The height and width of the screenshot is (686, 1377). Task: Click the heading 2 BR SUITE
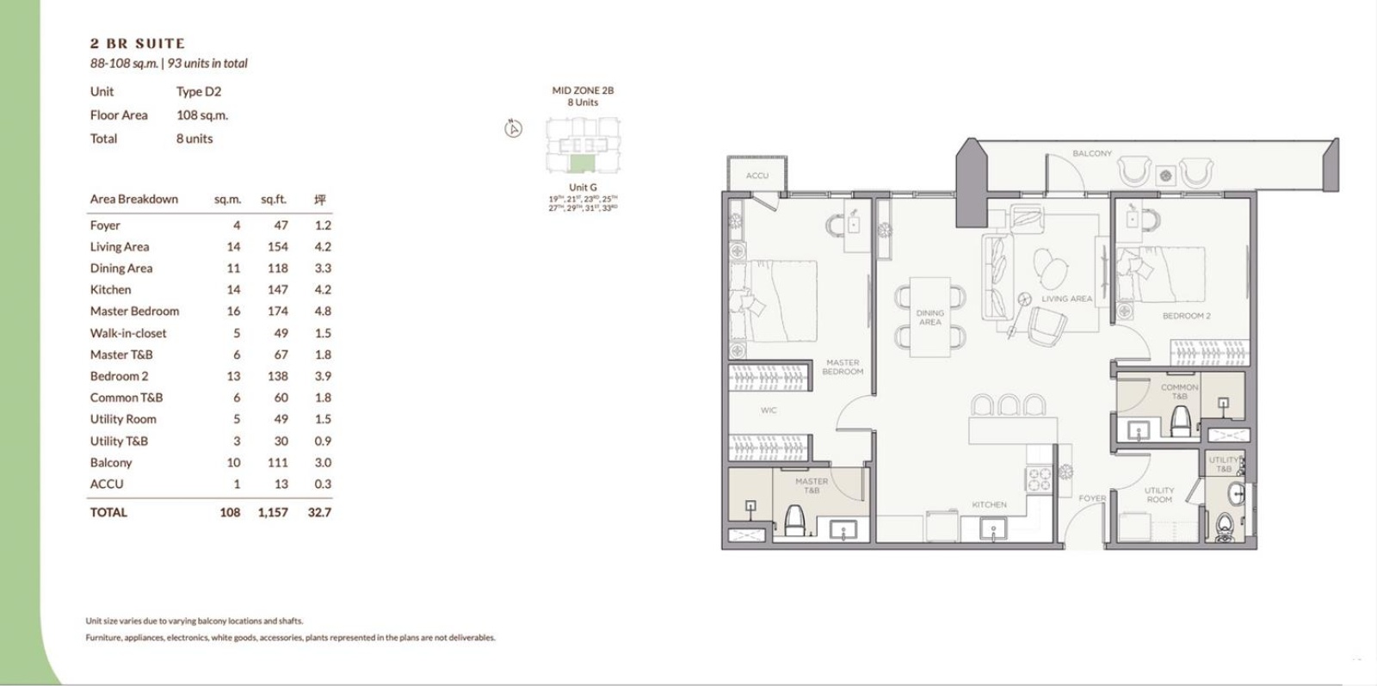(x=137, y=43)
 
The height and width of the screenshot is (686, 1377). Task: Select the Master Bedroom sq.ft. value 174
(x=277, y=312)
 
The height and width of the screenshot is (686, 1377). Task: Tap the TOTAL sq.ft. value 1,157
(x=273, y=512)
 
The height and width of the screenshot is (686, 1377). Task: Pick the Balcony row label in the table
(x=111, y=462)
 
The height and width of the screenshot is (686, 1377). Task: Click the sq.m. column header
(x=227, y=200)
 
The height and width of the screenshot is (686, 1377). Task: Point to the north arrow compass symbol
(x=513, y=129)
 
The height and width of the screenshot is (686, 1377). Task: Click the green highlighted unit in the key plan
(x=582, y=164)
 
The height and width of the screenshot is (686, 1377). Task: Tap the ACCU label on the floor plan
(x=757, y=176)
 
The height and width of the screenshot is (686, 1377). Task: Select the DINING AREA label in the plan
(x=929, y=318)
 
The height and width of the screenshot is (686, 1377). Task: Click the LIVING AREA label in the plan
(x=1066, y=299)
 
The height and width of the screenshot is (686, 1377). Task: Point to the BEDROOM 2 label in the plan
(x=1186, y=316)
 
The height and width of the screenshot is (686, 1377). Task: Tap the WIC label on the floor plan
(x=769, y=411)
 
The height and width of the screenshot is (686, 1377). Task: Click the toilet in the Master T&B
(x=793, y=520)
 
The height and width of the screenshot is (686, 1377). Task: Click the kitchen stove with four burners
(x=1038, y=479)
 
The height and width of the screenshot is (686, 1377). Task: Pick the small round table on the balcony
(x=1165, y=176)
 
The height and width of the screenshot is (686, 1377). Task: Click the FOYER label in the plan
(x=1092, y=498)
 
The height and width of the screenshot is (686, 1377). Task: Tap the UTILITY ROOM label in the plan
(x=1158, y=495)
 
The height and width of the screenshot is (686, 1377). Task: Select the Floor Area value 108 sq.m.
(x=202, y=115)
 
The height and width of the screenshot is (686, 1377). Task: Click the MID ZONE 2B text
(x=583, y=90)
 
